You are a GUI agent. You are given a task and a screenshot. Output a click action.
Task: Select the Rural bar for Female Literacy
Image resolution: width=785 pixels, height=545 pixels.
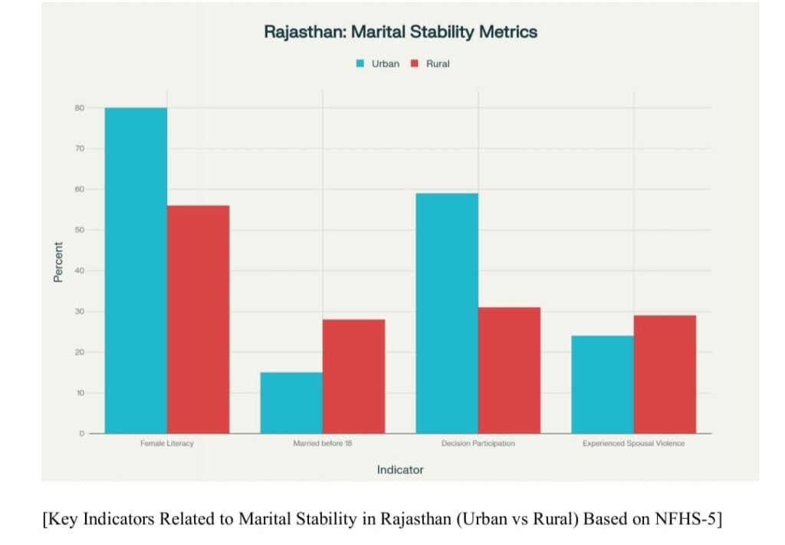[x=198, y=319]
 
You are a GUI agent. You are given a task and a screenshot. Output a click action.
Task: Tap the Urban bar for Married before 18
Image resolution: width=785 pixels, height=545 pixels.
[x=291, y=403]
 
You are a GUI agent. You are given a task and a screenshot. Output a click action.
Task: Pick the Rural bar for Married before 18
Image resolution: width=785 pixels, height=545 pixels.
[x=353, y=376]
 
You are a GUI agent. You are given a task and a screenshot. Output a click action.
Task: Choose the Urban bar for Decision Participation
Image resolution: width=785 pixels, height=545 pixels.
[x=447, y=313]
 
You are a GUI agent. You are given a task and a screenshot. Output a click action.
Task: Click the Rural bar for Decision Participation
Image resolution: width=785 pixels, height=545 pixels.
[x=509, y=370]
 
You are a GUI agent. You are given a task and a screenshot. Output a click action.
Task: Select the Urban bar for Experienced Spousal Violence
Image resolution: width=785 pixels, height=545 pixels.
[x=603, y=385]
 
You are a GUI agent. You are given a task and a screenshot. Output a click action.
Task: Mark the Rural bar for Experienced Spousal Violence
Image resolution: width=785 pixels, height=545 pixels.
[x=665, y=375]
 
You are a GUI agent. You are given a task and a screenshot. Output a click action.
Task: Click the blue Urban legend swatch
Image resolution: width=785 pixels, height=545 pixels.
[x=360, y=64]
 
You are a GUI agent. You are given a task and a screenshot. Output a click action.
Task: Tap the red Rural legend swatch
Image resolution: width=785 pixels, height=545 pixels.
[x=414, y=64]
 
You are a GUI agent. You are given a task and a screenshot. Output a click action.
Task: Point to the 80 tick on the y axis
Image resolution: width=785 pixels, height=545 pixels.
[x=80, y=108]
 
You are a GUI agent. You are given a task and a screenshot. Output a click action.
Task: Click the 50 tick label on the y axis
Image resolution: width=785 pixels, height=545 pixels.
[x=80, y=230]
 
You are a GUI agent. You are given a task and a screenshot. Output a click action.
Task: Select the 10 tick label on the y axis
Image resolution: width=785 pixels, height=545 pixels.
[x=80, y=393]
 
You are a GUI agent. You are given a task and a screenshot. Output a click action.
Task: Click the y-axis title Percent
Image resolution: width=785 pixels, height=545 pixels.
[x=58, y=262]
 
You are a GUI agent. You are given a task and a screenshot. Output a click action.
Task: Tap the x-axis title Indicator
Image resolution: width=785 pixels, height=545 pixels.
[x=399, y=469]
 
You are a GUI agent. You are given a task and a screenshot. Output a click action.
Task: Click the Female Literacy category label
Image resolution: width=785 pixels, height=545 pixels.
[x=167, y=444]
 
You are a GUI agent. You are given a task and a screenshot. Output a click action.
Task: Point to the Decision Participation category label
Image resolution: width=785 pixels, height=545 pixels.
[x=478, y=444]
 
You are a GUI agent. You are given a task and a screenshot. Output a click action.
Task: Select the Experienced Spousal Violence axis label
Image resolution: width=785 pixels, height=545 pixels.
[x=633, y=444]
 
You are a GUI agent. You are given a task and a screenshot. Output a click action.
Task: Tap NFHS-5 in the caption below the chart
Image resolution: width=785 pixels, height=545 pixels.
[x=685, y=519]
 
